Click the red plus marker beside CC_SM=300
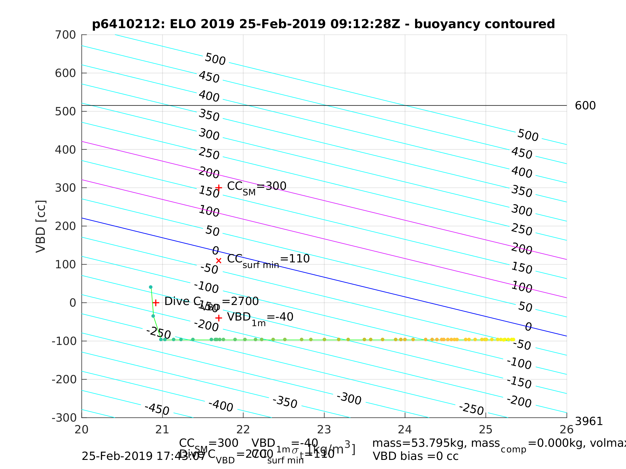218,188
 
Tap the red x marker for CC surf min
218,261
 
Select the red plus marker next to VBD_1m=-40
218,318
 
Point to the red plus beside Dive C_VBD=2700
156,303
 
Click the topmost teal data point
151,287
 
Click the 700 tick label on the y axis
65,35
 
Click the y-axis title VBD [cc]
41,226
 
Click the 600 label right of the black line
585,106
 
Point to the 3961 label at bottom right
589,422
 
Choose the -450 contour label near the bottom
157,409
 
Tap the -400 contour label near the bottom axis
221,406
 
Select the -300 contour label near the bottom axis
349,399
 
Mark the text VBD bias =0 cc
415,456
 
